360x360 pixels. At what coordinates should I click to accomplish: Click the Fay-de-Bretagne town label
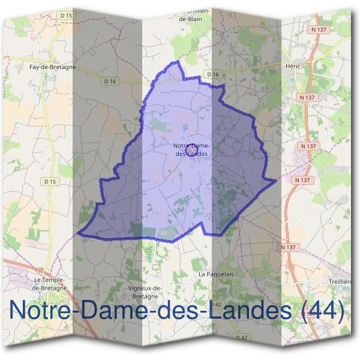point(52,68)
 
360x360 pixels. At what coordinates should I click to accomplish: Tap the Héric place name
point(293,68)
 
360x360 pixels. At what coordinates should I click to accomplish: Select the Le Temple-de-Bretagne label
point(49,283)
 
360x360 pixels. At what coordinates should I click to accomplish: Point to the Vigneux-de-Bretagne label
point(146,292)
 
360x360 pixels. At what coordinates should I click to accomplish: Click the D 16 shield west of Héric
point(212,74)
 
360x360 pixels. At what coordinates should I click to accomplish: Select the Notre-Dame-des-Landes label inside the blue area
point(191,150)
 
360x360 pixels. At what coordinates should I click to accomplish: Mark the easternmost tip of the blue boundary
point(276,179)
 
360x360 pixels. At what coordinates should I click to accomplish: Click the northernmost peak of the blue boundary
point(178,61)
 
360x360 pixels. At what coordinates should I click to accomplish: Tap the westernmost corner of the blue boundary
point(78,233)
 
